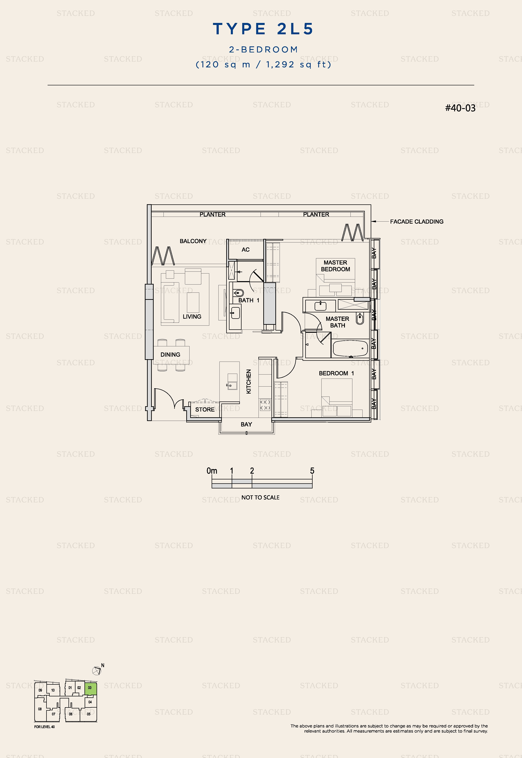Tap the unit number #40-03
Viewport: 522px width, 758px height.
tap(460, 108)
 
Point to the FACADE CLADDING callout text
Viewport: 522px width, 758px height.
tap(417, 221)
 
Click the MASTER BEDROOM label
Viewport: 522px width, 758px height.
tap(336, 266)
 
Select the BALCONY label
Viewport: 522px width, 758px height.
tap(193, 241)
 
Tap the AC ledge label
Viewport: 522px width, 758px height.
tap(246, 250)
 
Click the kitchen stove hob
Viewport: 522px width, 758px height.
tap(265, 405)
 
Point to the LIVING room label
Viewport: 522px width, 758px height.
tap(192, 316)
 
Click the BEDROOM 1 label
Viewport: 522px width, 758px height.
tap(336, 373)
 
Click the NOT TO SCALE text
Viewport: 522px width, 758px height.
tap(260, 497)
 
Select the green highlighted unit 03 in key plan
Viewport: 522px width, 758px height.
tap(91, 689)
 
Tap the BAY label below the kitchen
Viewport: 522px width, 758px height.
tap(246, 424)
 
